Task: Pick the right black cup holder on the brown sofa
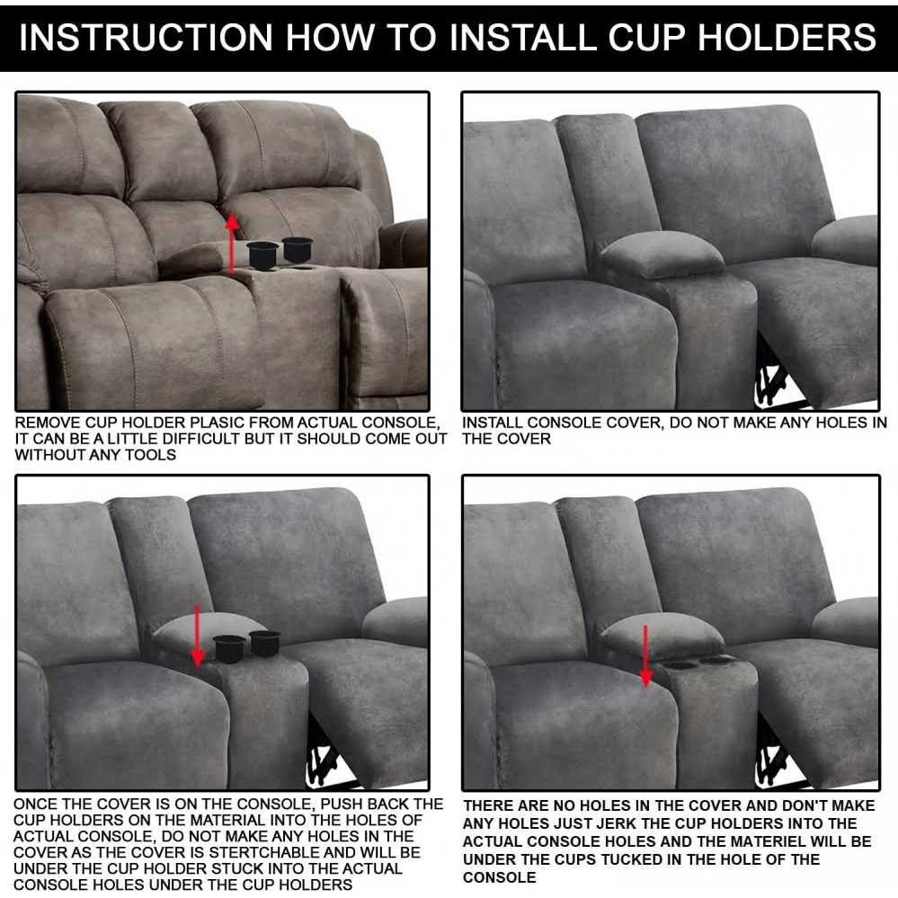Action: coord(296,246)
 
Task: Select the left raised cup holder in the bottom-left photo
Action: coord(229,647)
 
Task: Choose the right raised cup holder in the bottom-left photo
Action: coord(264,641)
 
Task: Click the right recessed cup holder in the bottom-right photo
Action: coord(717,661)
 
